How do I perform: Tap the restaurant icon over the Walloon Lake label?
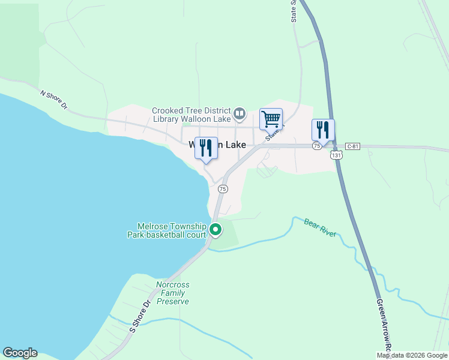tap(206, 148)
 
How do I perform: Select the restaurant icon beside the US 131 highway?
tap(323, 129)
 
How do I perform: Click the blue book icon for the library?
tap(240, 113)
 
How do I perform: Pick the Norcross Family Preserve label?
tap(173, 293)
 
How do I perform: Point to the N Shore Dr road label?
tap(55, 100)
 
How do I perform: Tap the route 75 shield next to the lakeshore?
tap(223, 188)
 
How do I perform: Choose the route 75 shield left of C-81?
tap(316, 146)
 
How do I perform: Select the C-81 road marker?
tap(352, 146)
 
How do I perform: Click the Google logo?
tap(20, 353)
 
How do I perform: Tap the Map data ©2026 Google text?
tap(412, 355)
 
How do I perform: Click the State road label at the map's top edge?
tap(294, 11)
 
